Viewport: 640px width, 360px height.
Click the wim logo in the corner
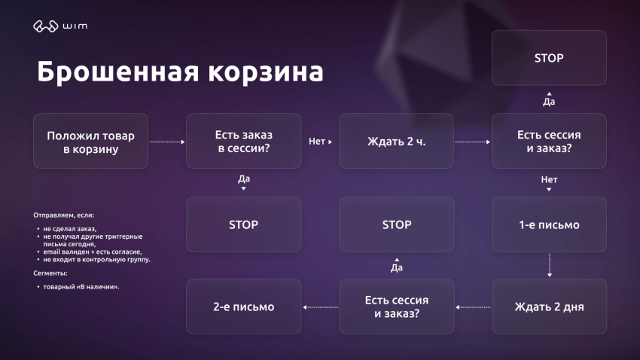pos(59,27)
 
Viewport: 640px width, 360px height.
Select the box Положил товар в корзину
pos(91,141)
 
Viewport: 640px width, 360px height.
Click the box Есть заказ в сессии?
pos(244,141)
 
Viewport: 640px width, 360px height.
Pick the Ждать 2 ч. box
pos(397,141)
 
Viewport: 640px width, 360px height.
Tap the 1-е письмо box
pos(549,224)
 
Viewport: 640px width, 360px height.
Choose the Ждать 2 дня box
pos(549,307)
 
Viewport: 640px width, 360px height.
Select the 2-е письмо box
pos(244,307)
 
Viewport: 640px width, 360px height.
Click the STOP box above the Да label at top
pos(549,57)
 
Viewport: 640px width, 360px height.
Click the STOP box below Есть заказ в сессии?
pos(244,224)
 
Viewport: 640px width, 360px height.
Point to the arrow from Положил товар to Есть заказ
pos(167,141)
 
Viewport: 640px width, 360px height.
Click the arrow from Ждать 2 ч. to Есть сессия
pos(473,141)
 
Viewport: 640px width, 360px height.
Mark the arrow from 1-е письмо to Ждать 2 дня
pos(549,265)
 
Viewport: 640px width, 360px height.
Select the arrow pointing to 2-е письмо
pos(320,307)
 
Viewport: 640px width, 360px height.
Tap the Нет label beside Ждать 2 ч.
pos(318,141)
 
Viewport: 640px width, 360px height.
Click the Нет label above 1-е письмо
pos(549,180)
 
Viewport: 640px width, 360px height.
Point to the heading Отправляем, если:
pos(63,215)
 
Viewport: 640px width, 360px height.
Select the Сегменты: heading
pos(50,273)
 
